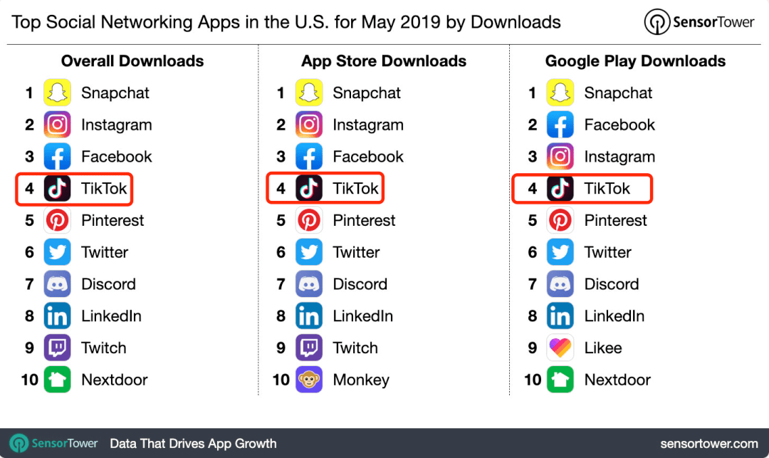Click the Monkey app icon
309,380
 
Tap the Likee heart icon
560,348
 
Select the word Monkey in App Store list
361,380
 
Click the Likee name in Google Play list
603,348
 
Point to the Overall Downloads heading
132,61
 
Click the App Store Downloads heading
384,61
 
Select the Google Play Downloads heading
635,61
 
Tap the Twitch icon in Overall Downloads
58,348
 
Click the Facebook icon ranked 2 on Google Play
560,125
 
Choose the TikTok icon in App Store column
309,188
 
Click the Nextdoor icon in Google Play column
560,380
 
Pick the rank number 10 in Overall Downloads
29,380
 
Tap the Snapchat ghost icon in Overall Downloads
58,93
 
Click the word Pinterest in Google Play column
615,220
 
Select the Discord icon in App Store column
309,284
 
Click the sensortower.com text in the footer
709,444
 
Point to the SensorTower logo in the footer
54,443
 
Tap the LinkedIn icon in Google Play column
560,316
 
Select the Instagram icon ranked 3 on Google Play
560,157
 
